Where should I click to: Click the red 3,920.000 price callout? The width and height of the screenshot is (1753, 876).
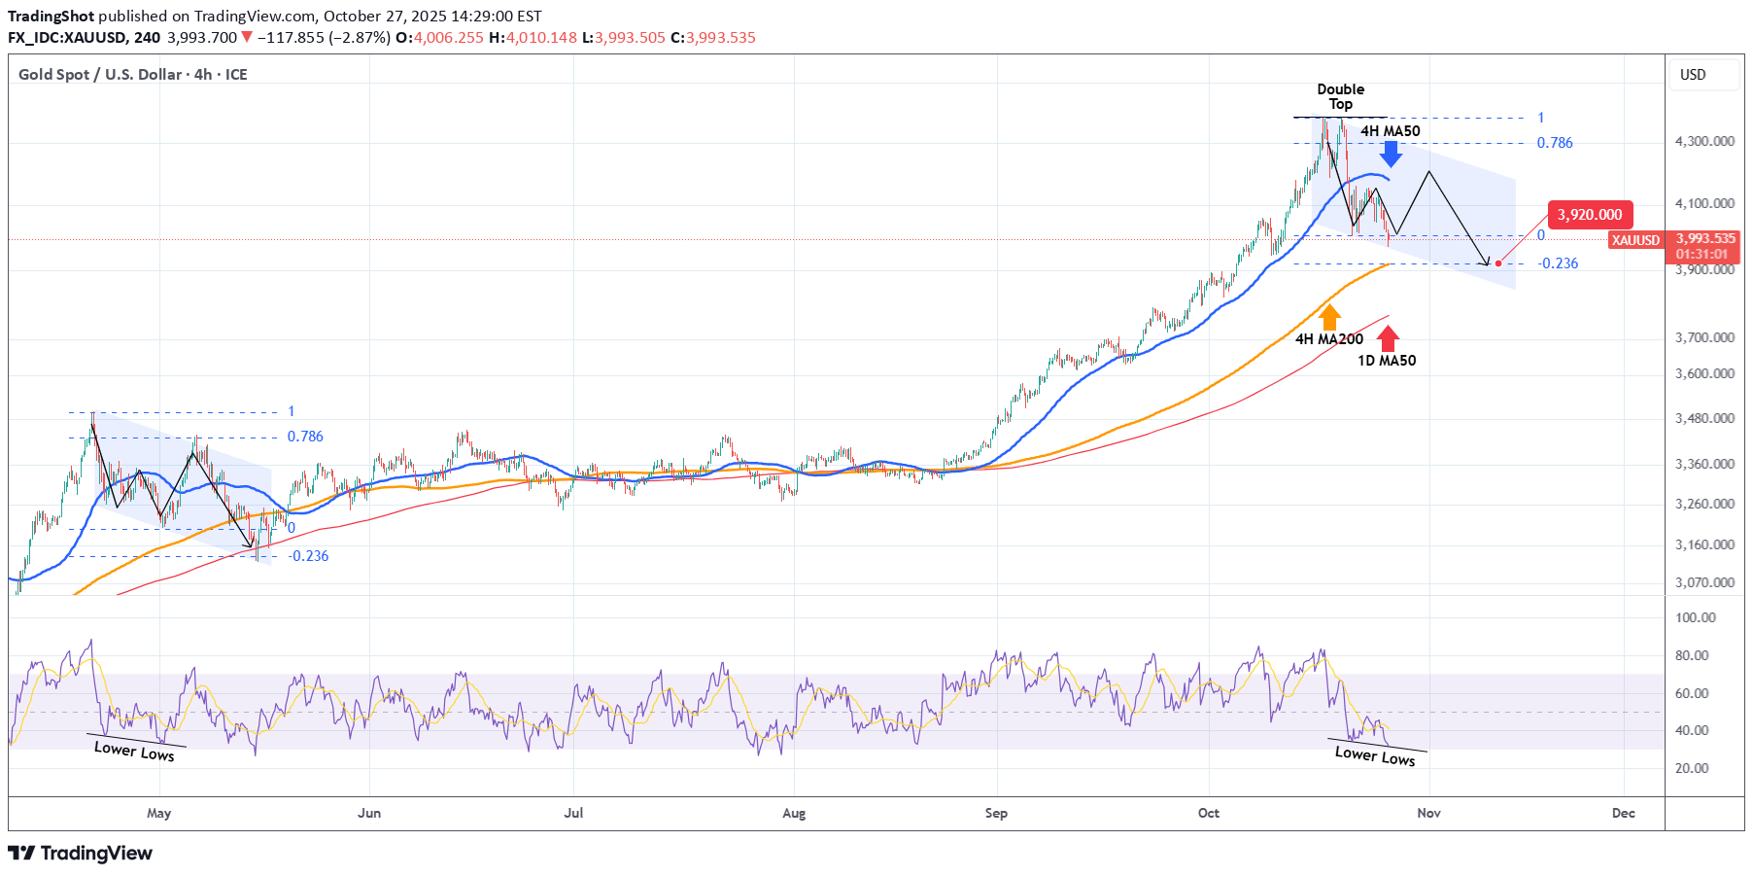coord(1590,215)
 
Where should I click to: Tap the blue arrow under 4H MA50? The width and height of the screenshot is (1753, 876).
coord(1391,153)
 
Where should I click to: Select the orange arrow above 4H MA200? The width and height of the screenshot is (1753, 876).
coord(1329,317)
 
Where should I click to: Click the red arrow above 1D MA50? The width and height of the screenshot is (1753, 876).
coord(1388,338)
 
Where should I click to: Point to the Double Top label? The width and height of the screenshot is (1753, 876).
coord(1340,96)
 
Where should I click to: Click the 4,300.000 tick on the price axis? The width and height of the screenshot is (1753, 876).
coord(1704,141)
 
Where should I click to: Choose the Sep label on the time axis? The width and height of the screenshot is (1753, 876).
coord(996,813)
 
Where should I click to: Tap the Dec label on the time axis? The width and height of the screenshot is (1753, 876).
coord(1623,813)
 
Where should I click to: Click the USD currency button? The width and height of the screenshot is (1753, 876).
coord(1693,75)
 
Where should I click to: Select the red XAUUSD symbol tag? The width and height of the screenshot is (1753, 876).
coord(1635,240)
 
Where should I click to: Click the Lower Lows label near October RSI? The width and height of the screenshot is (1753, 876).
coord(1374,755)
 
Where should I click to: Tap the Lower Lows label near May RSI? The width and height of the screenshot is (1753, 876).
coord(134,751)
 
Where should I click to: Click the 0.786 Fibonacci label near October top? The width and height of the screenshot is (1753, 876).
coord(1554,143)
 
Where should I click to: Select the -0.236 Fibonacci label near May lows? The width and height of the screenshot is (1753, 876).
coord(309,556)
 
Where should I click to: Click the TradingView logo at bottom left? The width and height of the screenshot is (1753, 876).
coord(81,853)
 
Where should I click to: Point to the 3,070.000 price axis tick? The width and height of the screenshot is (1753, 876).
coord(1704,582)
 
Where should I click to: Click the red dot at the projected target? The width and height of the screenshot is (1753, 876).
coord(1498,263)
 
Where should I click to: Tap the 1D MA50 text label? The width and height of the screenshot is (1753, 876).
coord(1387,361)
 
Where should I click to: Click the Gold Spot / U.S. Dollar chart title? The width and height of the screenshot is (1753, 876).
coord(132,75)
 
